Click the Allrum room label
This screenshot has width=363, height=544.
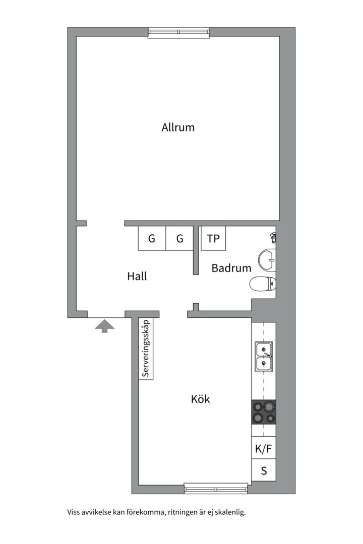178,127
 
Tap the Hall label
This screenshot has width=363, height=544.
137,276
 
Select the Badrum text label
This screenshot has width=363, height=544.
231,268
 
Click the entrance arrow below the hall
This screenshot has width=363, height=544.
104,326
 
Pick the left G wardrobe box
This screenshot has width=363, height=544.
152,238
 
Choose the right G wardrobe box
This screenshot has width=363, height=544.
179,238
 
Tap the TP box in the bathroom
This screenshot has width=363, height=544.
213,238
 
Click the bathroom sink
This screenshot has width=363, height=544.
268,259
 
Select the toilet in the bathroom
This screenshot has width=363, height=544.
263,284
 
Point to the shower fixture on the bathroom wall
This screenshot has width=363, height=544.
274,238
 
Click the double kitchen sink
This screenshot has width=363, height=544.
264,357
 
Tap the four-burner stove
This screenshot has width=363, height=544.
264,412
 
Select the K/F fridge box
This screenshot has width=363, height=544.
264,449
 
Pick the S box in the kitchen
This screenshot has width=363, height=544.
264,470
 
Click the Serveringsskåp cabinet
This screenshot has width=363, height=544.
146,349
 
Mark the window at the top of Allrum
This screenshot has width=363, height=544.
178,32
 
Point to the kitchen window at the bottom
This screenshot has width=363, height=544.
216,489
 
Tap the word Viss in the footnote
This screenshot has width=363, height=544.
73,512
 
